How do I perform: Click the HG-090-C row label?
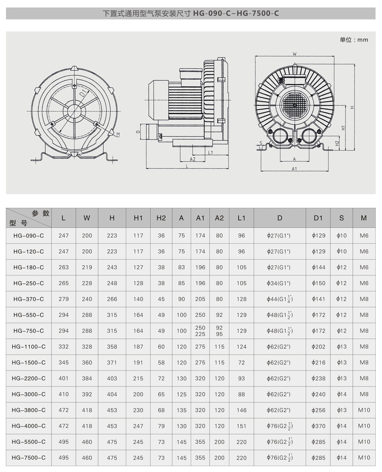29,236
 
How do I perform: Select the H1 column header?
138,218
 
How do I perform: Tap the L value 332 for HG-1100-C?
64,347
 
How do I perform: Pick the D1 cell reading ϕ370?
318,426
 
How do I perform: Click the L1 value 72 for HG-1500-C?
241,363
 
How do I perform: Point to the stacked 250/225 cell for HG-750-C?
200,331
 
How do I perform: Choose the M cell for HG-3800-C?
364,410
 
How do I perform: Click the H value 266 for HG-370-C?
112,299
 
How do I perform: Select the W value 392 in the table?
87,394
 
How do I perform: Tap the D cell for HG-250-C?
279,283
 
